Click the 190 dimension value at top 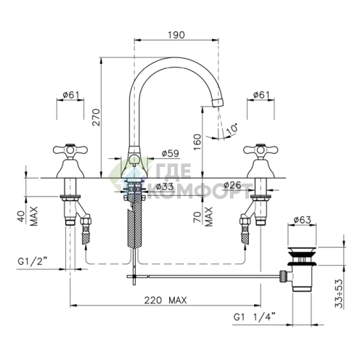point(176,35)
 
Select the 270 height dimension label point(97,118)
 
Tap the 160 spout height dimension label point(197,142)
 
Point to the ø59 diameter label point(170,153)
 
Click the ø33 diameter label point(165,187)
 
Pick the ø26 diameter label point(232,185)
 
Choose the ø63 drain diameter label point(302,220)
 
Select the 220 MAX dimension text point(165,300)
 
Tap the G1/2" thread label point(32,261)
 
